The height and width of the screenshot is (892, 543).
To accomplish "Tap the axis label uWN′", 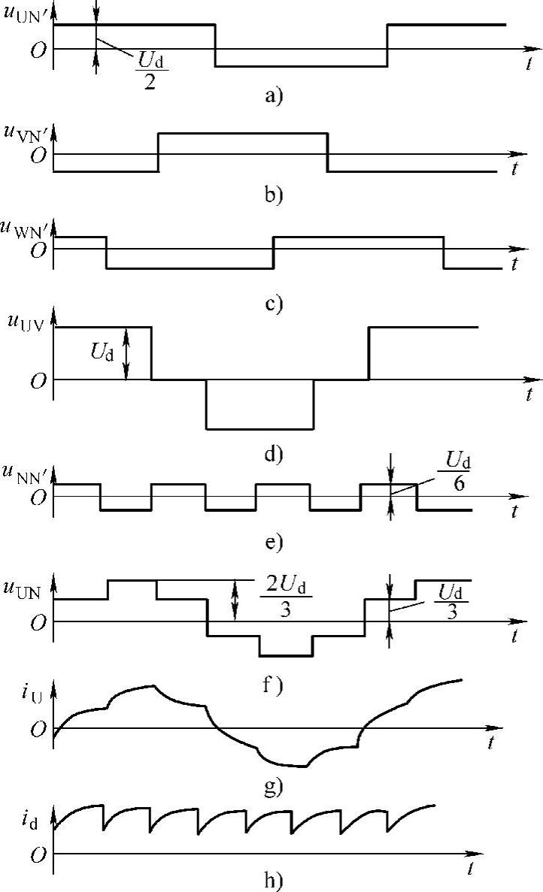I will (27, 228).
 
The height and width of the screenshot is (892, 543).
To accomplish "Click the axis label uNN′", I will (27, 473).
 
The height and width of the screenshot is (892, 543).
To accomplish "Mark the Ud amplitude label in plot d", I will (105, 351).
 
